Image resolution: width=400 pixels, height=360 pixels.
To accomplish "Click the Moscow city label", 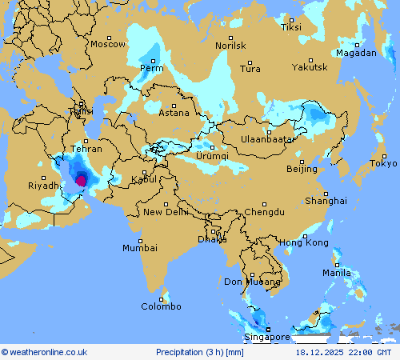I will [x=108, y=44].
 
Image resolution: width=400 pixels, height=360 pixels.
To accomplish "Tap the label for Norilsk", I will [x=230, y=46].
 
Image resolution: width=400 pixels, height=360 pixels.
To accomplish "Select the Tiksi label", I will [x=292, y=27].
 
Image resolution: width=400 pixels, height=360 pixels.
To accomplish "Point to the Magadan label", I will [x=356, y=53].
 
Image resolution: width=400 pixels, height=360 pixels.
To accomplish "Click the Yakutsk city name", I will [x=310, y=67].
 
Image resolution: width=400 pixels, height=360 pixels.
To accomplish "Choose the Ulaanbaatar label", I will [x=268, y=139].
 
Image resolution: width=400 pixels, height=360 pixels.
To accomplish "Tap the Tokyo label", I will [x=383, y=163].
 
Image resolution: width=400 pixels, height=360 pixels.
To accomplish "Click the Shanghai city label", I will [x=326, y=201].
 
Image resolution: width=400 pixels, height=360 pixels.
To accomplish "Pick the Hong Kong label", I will [x=304, y=242].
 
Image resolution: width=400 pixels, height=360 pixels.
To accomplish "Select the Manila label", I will [x=336, y=273].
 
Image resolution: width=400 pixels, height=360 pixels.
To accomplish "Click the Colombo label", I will [x=162, y=306].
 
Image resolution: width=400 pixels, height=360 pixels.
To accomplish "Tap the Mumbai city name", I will [x=139, y=248].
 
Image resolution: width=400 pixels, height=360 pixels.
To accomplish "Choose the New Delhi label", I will [x=166, y=212].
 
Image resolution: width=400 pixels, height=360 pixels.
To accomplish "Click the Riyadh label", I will [x=44, y=186].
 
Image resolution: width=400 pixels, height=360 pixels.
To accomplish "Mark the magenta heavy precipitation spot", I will [x=81, y=181].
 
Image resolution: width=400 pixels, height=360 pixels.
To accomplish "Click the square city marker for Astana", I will [x=174, y=106].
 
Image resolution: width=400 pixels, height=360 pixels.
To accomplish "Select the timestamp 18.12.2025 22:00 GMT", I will [x=343, y=352].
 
